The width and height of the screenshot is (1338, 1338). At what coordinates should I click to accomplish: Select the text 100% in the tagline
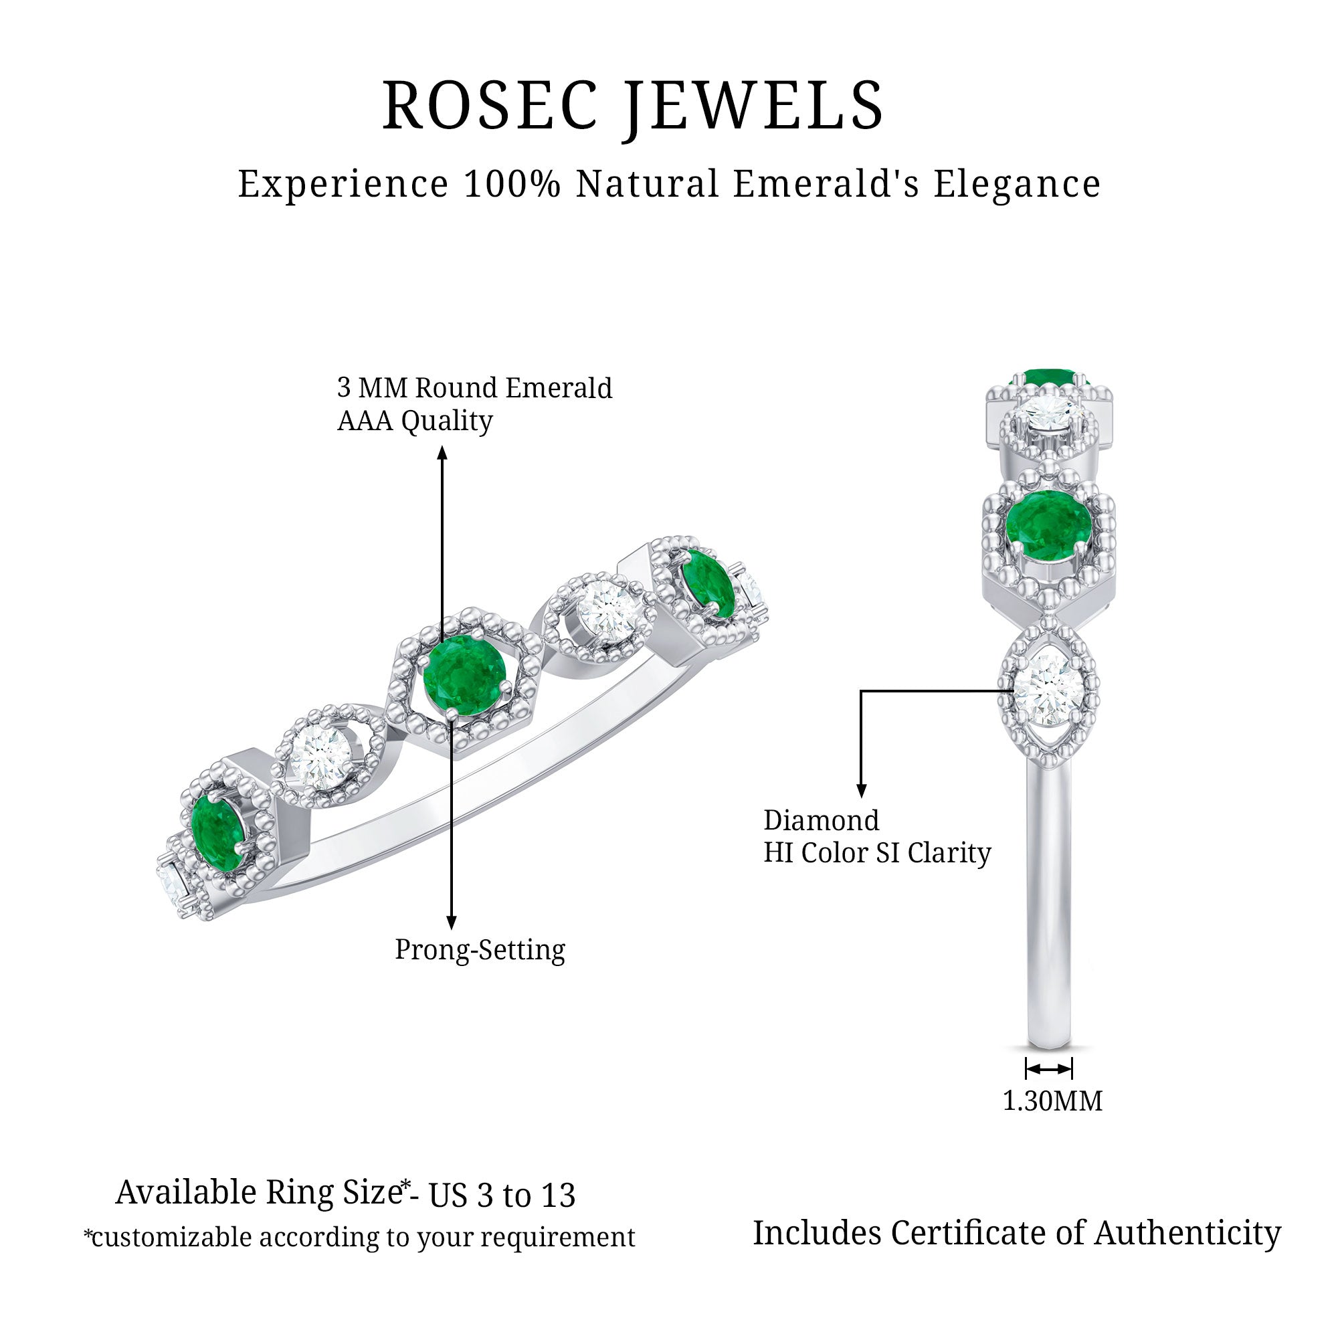pyautogui.click(x=512, y=184)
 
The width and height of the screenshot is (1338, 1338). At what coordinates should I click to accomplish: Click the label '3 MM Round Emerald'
pyautogui.click(x=474, y=388)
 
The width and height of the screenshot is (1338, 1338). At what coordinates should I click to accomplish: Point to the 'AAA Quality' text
pyautogui.click(x=415, y=420)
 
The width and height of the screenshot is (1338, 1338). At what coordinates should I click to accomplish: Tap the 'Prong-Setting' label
pyautogui.click(x=480, y=949)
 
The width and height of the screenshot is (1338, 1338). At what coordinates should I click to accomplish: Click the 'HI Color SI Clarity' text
pyautogui.click(x=878, y=852)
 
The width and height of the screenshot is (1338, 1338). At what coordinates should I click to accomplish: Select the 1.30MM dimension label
pyautogui.click(x=1052, y=1101)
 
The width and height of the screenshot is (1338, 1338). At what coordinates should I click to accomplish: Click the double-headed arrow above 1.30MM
pyautogui.click(x=1049, y=1069)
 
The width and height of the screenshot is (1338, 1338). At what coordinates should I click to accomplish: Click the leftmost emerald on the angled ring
pyautogui.click(x=217, y=832)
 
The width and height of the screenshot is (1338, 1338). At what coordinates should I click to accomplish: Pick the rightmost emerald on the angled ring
pyautogui.click(x=707, y=583)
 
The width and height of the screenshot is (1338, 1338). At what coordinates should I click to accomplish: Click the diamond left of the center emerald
pyautogui.click(x=320, y=756)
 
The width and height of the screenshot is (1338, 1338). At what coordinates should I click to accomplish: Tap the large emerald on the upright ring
pyautogui.click(x=1048, y=525)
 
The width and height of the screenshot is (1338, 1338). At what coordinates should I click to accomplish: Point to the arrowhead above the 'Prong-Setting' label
pyautogui.click(x=452, y=922)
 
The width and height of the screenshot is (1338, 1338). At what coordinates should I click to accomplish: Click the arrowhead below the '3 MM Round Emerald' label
pyautogui.click(x=442, y=454)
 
